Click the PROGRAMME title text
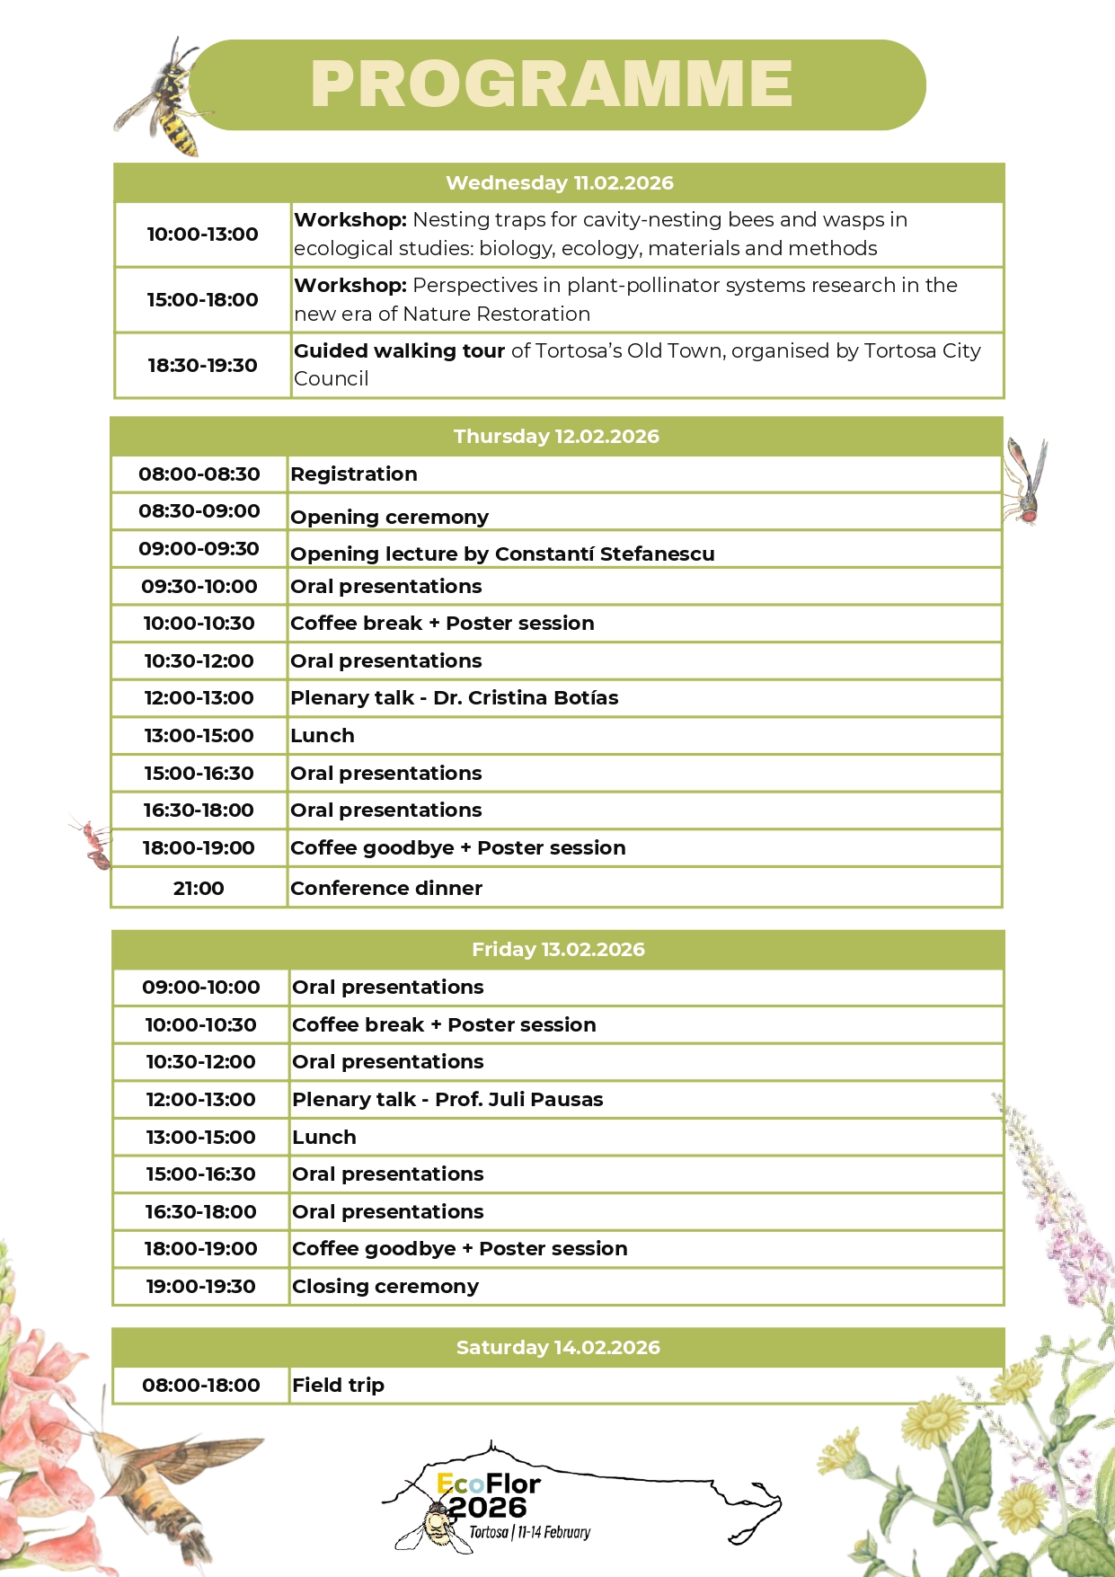(551, 84)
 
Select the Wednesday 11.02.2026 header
(559, 182)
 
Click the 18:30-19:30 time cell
(202, 366)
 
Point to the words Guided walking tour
(399, 351)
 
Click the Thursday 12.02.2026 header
(556, 436)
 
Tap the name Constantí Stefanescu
(605, 554)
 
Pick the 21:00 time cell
(199, 888)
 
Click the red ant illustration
(93, 843)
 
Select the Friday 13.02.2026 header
(558, 950)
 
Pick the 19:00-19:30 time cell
(201, 1287)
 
